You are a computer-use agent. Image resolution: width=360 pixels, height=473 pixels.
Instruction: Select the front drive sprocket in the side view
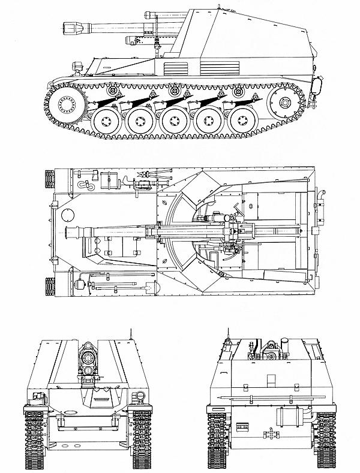(x=66, y=105)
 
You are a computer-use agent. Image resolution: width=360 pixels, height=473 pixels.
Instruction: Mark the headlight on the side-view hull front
(x=76, y=65)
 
